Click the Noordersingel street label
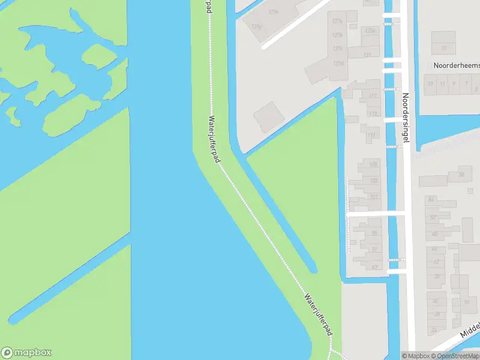(406, 116)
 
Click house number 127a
(337, 21)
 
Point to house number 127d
(340, 63)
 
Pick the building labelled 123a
(370, 31)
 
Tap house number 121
(367, 55)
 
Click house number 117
(373, 96)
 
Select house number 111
(371, 135)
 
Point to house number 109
(374, 164)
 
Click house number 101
(374, 197)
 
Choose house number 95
(375, 233)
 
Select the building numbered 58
(461, 175)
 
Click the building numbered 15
(444, 47)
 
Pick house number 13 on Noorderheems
(430, 84)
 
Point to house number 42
(437, 301)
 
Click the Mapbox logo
(26, 353)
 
